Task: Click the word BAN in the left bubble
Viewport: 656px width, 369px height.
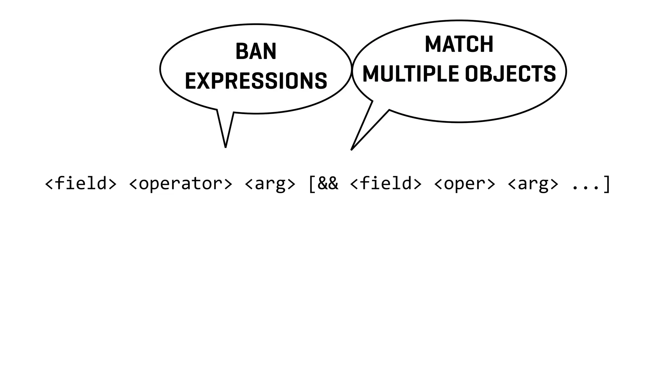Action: point(256,52)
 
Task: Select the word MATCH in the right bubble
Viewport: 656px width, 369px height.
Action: point(459,44)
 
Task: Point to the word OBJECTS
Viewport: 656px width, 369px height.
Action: point(510,74)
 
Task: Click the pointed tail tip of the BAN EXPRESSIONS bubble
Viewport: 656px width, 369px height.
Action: point(225,147)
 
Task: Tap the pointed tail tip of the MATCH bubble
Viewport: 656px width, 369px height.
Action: point(352,149)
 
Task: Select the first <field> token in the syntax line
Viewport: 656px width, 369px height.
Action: point(81,184)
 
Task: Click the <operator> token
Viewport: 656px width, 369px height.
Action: point(180,184)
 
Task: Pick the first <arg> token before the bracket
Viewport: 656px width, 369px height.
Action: point(270,184)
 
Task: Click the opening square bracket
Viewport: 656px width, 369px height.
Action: point(311,184)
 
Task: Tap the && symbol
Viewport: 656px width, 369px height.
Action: point(328,184)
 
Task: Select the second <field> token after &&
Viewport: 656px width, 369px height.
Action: point(386,184)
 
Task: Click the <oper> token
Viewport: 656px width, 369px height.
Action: point(464,184)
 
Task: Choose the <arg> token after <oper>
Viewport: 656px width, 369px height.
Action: point(533,184)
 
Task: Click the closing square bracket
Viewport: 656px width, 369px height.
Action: point(606,184)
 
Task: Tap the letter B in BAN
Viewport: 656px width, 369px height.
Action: point(241,52)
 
